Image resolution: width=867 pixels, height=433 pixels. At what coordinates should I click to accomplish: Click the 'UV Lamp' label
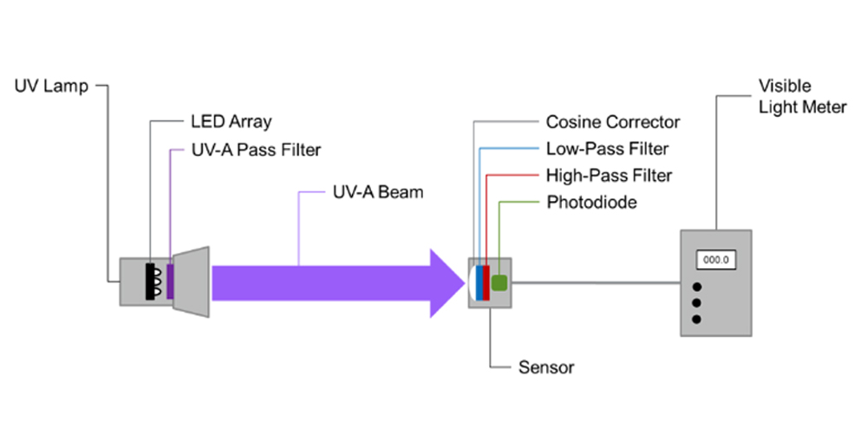51,86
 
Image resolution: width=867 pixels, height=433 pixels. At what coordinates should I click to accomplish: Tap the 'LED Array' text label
231,121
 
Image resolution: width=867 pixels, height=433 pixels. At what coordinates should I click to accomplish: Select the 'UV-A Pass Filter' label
256,150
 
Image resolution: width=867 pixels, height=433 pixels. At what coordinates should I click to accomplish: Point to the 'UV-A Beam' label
378,192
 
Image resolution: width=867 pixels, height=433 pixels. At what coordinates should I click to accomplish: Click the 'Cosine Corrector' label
613,121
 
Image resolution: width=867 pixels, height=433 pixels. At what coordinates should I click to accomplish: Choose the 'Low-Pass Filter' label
608,149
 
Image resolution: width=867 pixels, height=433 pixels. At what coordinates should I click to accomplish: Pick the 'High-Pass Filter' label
610,176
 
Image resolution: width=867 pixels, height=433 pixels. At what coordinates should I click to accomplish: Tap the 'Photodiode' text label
591,202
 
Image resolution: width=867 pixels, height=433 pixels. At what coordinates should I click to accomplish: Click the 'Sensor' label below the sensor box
546,367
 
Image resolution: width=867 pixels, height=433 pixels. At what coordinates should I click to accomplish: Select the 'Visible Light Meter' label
802,96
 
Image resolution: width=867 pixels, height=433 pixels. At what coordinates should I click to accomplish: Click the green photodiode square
500,283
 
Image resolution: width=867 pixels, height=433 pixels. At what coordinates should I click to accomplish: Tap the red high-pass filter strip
486,283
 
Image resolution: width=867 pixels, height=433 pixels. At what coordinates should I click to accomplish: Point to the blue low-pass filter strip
479,283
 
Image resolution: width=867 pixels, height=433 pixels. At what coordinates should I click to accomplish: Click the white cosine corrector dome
473,283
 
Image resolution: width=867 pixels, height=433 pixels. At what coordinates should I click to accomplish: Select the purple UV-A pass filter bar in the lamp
170,281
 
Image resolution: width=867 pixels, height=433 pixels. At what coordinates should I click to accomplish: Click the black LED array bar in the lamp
150,281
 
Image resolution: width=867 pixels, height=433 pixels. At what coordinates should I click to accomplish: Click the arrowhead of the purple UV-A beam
447,283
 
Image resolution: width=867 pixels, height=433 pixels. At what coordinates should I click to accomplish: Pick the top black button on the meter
697,286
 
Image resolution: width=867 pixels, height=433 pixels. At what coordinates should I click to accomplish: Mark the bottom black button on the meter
697,319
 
